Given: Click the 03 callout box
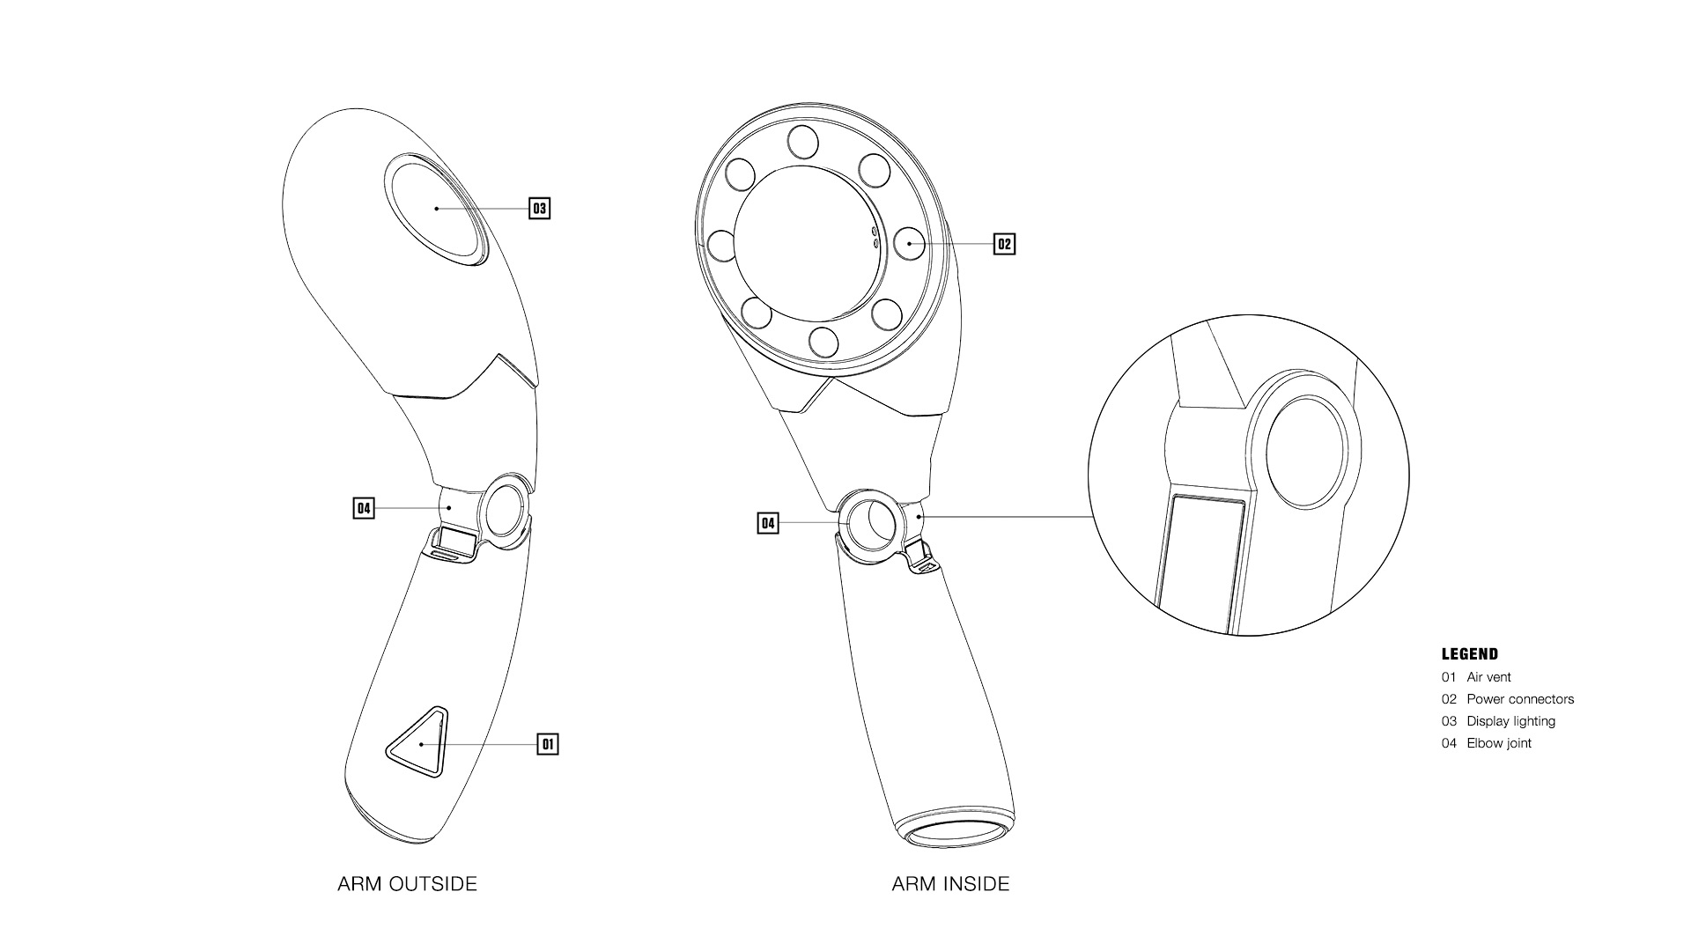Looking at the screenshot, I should point(539,209).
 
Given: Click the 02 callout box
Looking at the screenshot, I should point(1004,244).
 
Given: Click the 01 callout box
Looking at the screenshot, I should point(548,744).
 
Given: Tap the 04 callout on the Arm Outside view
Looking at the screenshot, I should point(363,508).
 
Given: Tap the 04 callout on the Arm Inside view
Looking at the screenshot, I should point(768,524).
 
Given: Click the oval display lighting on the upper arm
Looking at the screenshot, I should point(436,209).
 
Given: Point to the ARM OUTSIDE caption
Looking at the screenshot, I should point(407,884).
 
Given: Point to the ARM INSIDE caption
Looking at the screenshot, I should point(950,884).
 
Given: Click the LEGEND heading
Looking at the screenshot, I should point(1469,654).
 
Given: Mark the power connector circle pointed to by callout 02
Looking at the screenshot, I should point(908,242).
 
